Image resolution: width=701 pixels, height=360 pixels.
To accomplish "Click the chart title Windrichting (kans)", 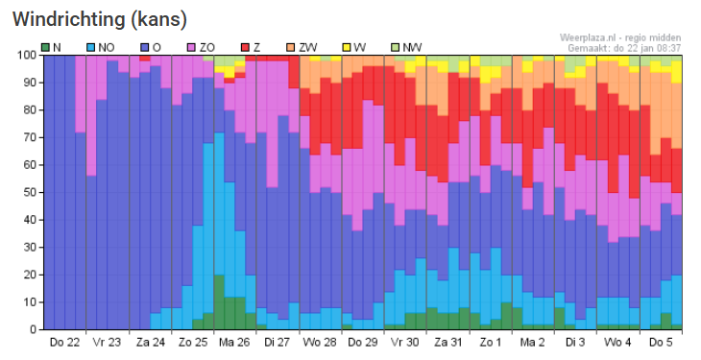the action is [100, 19].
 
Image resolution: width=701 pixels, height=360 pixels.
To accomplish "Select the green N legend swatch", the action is [45, 47].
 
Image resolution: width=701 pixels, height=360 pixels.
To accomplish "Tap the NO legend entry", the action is [101, 47].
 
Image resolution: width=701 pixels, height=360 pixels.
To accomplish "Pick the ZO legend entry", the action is [201, 47].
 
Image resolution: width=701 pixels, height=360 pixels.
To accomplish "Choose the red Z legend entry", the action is [251, 47].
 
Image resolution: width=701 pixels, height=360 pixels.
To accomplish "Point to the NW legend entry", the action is [406, 47].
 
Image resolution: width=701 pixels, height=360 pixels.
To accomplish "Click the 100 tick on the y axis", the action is [27, 56].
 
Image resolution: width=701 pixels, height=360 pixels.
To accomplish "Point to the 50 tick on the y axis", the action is [30, 193].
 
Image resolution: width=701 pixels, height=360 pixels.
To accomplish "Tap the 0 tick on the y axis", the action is [33, 329].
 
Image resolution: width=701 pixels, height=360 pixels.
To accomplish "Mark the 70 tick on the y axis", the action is [30, 137].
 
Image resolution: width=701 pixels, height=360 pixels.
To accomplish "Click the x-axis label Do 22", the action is [64, 343].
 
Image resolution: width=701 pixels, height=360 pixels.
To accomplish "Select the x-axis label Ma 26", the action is [234, 343].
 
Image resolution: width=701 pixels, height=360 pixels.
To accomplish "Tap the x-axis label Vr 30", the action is [405, 343].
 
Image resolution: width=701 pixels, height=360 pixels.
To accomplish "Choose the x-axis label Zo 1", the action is [490, 343].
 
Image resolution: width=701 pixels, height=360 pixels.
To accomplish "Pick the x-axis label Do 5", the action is [661, 343].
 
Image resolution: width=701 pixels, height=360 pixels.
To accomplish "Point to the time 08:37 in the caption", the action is [669, 48].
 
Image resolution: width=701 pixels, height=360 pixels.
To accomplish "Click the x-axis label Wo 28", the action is [320, 343].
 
